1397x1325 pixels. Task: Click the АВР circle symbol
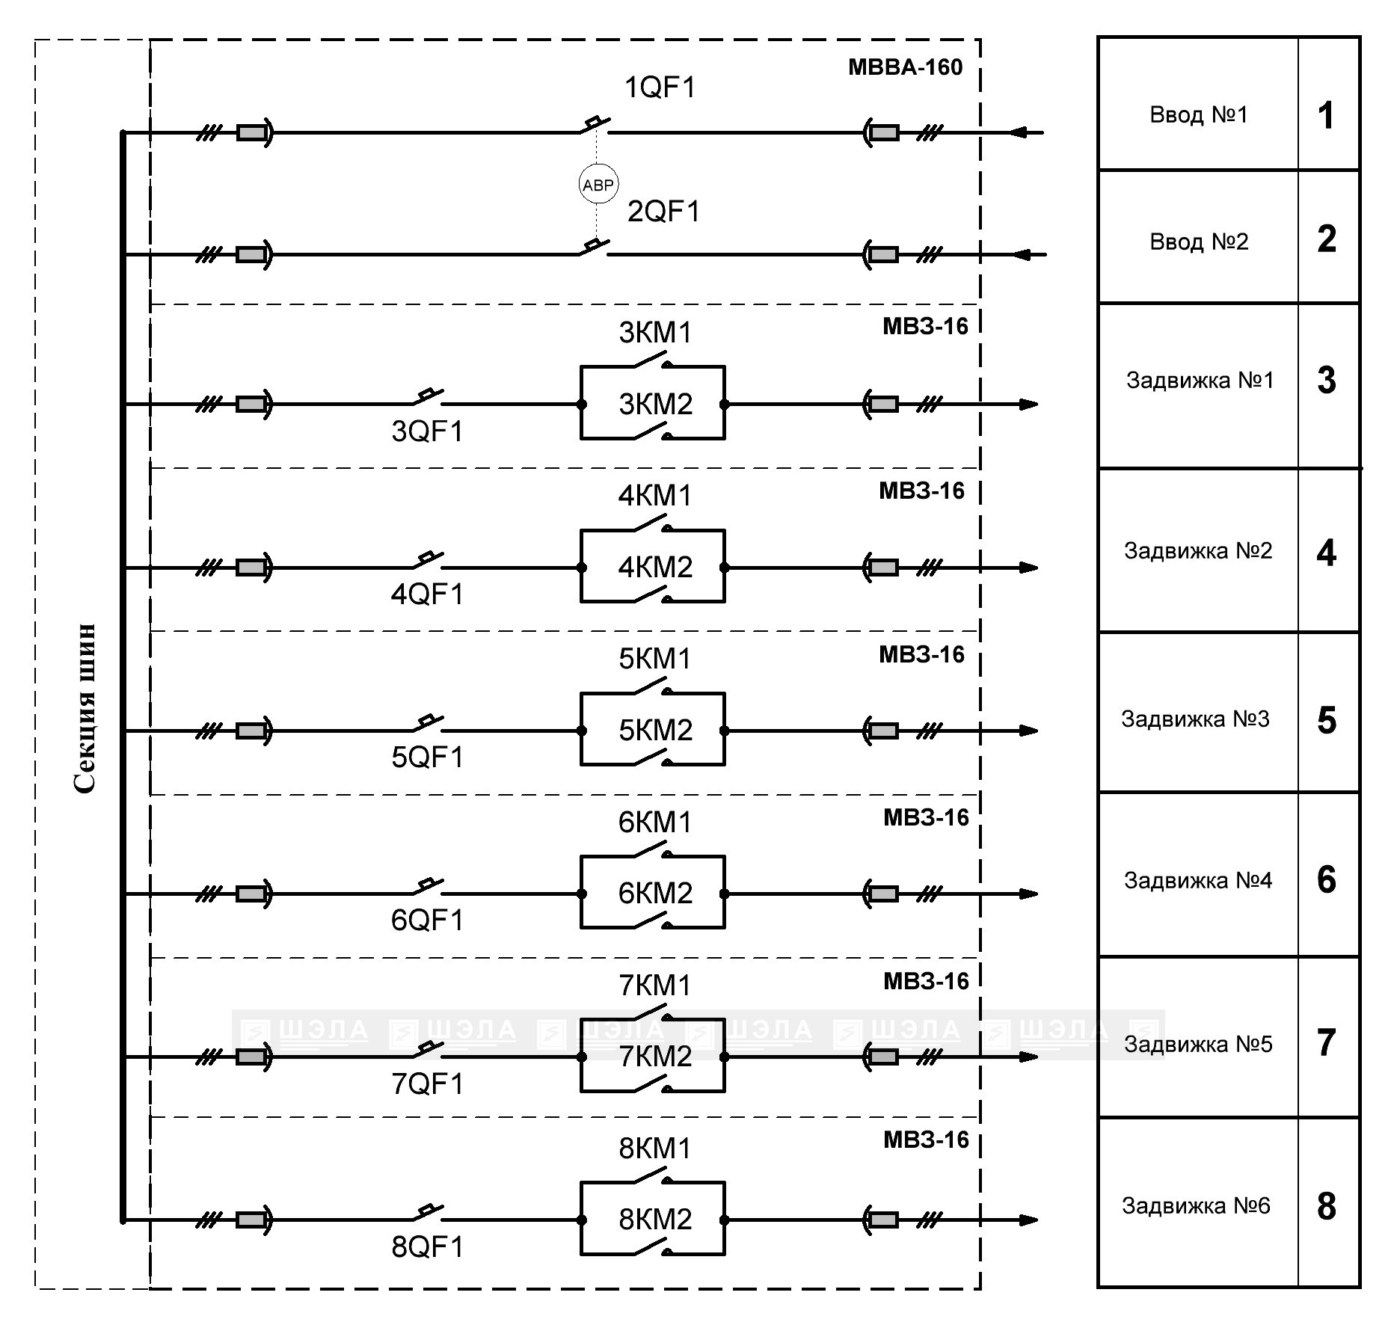[x=598, y=185]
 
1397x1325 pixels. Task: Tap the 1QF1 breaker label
[x=660, y=88]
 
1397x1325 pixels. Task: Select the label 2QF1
[x=663, y=212]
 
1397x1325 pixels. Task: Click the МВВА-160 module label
[x=905, y=67]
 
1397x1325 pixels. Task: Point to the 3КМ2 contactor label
[x=656, y=405]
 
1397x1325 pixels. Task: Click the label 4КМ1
[x=655, y=496]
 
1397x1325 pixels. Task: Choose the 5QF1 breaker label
[x=428, y=757]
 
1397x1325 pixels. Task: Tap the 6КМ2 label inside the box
[x=655, y=894]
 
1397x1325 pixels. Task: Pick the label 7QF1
[x=428, y=1083]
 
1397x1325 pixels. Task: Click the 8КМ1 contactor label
[x=655, y=1149]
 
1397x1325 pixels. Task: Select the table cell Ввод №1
[x=1198, y=115]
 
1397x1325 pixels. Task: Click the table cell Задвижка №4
[x=1197, y=881]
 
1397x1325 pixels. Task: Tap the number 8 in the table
[x=1327, y=1206]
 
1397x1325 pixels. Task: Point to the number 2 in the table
[x=1327, y=239]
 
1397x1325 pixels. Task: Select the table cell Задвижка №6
[x=1196, y=1206]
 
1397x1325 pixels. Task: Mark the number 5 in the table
[x=1327, y=720]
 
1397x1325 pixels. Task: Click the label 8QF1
[x=428, y=1246]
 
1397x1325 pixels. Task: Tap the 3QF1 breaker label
[x=428, y=431]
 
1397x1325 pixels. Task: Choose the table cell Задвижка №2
[x=1197, y=551]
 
